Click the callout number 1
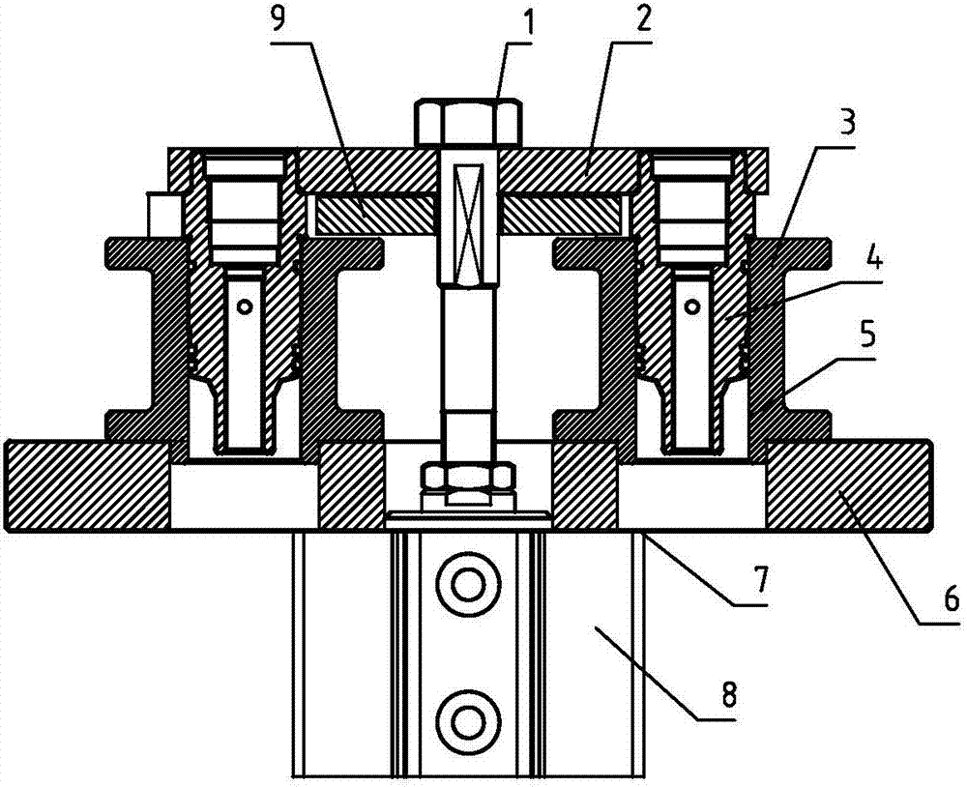(x=529, y=23)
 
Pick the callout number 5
(x=866, y=336)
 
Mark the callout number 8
(x=728, y=694)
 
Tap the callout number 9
(x=278, y=21)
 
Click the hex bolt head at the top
(x=469, y=122)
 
